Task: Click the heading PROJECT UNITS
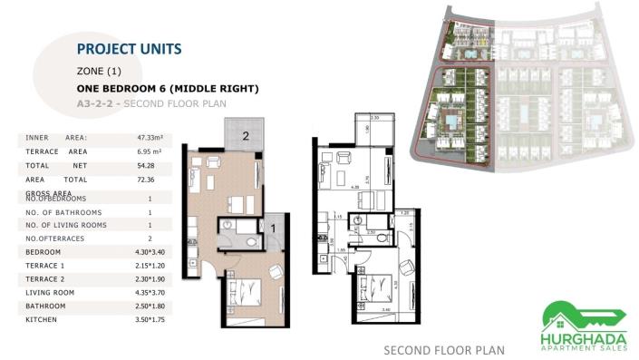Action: click(x=129, y=48)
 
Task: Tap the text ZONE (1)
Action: click(x=100, y=70)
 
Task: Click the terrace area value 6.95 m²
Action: click(x=149, y=151)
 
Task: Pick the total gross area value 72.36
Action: click(x=149, y=180)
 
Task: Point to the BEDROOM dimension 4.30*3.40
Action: click(x=149, y=250)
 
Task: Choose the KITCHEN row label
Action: click(x=42, y=319)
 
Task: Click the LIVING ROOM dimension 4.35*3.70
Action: click(x=149, y=292)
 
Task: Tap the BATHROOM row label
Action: click(x=44, y=306)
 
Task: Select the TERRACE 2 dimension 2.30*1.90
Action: click(x=149, y=278)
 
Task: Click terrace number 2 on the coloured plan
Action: click(x=245, y=137)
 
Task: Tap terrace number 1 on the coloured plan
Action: click(x=273, y=229)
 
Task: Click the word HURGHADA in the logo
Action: click(x=584, y=333)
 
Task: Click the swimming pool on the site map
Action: click(x=450, y=122)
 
